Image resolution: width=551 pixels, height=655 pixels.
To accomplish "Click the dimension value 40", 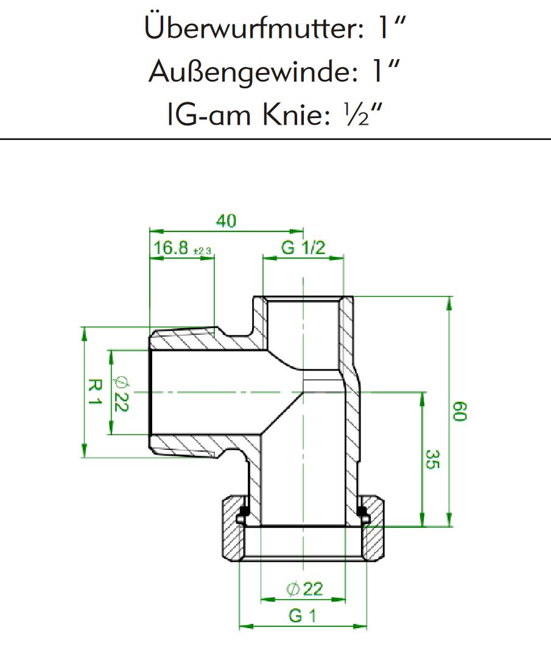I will click(x=226, y=221).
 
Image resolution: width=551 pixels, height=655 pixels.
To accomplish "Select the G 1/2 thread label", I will click(x=303, y=248).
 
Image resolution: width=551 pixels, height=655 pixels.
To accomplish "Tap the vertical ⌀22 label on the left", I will click(x=120, y=392).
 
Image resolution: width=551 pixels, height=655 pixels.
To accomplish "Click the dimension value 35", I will click(x=432, y=460).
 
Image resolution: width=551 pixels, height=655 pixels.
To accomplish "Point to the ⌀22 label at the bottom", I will click(x=304, y=589).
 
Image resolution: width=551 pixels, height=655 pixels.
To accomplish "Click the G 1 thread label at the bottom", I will click(x=303, y=616).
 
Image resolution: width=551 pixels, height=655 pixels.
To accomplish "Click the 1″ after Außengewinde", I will click(x=388, y=72).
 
